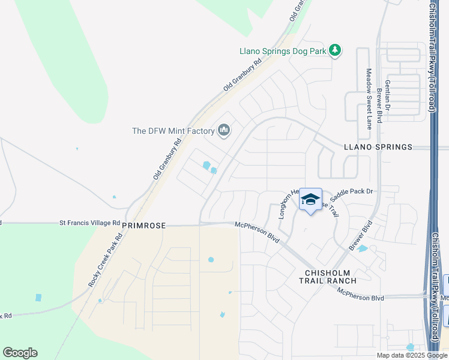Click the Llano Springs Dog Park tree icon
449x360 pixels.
tap(335, 51)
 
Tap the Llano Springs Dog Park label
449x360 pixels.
tap(282, 52)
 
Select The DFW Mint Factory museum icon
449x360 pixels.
tap(224, 131)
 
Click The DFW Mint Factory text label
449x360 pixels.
tap(173, 131)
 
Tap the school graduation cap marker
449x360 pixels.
tap(310, 200)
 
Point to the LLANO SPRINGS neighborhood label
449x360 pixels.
tap(378, 147)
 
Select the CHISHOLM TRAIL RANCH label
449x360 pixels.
tap(328, 276)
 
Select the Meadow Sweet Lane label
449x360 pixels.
tap(369, 98)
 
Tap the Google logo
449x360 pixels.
tap(20, 353)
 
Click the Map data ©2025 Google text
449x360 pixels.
tap(412, 355)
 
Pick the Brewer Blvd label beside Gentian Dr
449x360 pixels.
tap(379, 107)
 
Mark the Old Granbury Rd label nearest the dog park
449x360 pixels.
tap(243, 74)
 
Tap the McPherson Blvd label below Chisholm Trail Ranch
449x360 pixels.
tap(360, 294)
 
